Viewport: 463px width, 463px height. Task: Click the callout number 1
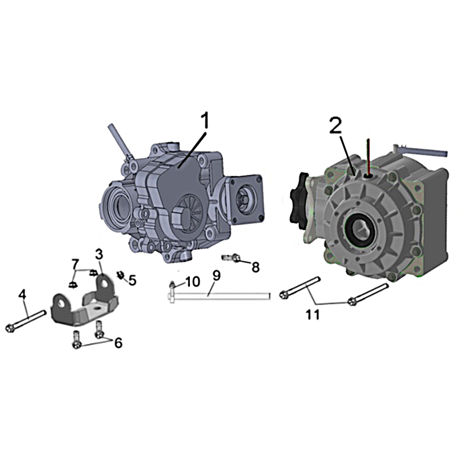(205, 121)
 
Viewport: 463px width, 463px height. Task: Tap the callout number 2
(336, 127)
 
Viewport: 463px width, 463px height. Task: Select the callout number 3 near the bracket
(99, 254)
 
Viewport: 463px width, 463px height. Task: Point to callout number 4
(23, 294)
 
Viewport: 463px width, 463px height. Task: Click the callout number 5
(133, 281)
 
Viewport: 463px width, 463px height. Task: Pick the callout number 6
(118, 343)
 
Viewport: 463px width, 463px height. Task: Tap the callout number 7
(76, 263)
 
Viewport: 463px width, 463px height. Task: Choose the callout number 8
(255, 267)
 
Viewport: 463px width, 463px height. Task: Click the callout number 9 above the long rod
(216, 276)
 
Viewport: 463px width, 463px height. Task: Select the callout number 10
(193, 282)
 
